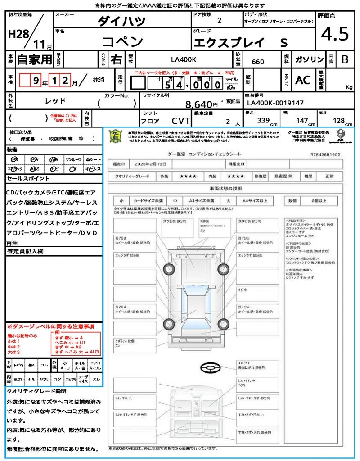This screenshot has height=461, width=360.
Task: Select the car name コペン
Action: (122, 41)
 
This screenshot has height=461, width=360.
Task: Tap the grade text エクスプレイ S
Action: (240, 42)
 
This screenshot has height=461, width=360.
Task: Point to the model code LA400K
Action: (183, 59)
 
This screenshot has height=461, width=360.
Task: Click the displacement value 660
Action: (258, 62)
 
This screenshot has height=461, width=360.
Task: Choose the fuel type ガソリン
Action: (309, 59)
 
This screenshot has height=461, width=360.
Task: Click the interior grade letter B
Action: (344, 59)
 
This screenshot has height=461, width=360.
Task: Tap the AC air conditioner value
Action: (303, 80)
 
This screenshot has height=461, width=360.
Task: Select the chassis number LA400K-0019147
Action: (275, 103)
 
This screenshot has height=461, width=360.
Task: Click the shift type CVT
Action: (179, 120)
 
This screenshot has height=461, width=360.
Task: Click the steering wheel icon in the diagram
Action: (211, 368)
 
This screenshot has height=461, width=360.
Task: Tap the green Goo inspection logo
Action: (116, 137)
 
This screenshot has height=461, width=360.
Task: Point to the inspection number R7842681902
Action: (325, 154)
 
